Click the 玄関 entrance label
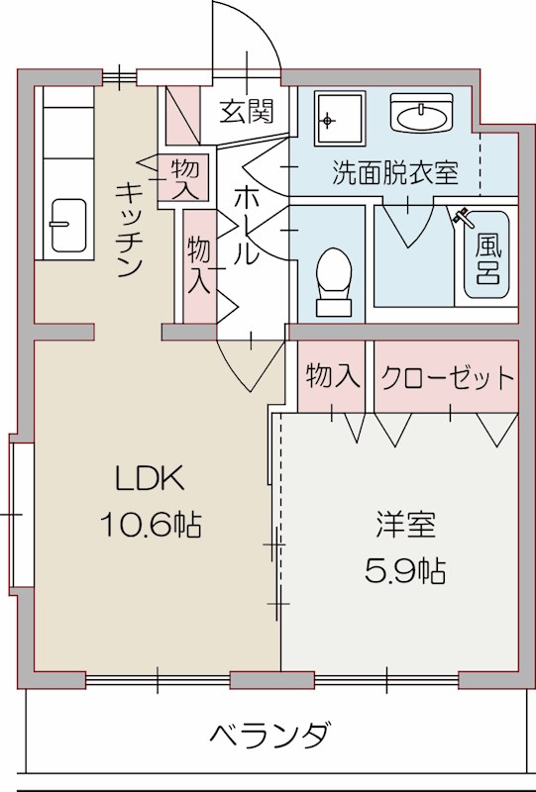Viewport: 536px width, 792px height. (x=247, y=111)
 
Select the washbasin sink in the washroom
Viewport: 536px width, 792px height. (x=422, y=117)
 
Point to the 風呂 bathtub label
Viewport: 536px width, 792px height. (x=486, y=255)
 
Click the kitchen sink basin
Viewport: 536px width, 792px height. (x=67, y=227)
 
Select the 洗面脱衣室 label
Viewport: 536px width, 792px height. (x=394, y=172)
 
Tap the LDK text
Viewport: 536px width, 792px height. (x=149, y=480)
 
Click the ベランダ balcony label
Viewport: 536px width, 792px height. (x=268, y=737)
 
